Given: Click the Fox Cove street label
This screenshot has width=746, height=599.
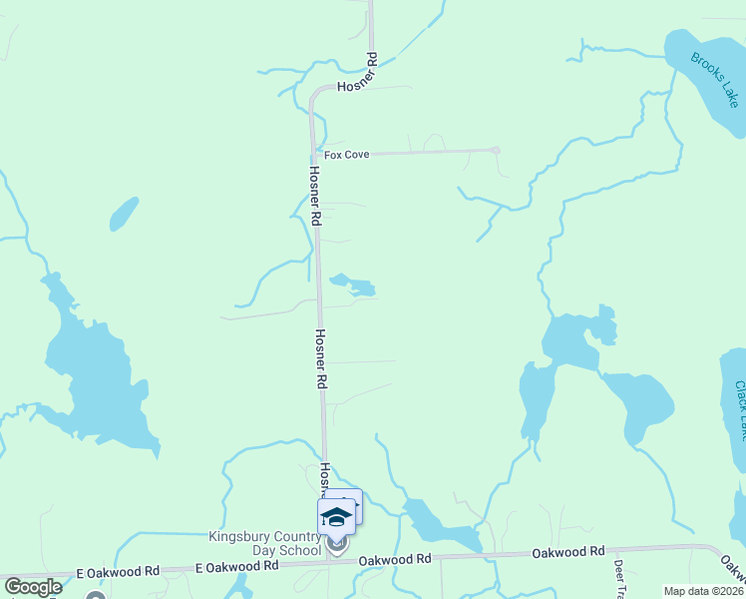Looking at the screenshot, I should (344, 155).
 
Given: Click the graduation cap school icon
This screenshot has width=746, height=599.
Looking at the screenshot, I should (336, 516).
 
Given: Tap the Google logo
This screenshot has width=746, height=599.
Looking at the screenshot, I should (34, 587).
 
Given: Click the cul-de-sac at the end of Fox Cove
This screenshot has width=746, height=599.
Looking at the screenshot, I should (496, 150).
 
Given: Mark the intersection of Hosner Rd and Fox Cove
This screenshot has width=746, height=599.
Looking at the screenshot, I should (315, 154).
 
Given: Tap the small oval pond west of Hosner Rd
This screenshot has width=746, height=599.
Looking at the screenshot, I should (124, 213).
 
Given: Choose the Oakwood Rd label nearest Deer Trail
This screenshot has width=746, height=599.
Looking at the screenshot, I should (568, 551).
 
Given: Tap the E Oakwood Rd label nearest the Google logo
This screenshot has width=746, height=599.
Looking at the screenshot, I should (119, 572).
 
